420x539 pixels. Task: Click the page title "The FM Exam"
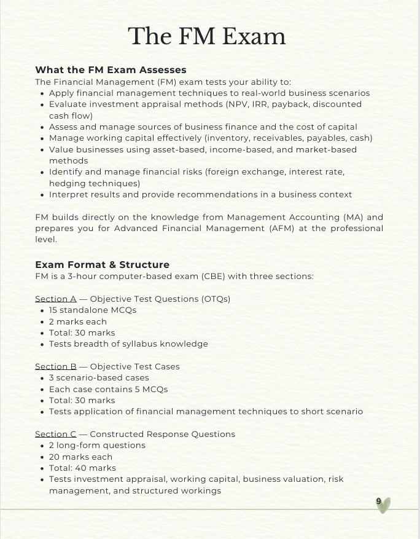(x=206, y=36)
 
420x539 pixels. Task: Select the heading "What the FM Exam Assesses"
(x=111, y=69)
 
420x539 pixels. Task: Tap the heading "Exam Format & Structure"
(x=102, y=265)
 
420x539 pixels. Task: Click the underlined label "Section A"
(x=56, y=299)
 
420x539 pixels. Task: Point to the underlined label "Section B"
(x=56, y=366)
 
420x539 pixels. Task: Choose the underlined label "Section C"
(x=56, y=434)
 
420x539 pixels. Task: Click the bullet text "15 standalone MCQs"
(x=93, y=310)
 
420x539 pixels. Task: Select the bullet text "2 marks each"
(x=78, y=321)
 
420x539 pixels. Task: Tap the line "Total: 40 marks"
(x=82, y=468)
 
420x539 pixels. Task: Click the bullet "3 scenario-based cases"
(x=99, y=377)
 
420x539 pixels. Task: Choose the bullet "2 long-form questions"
(x=97, y=445)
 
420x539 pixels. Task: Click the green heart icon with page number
(x=383, y=505)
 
